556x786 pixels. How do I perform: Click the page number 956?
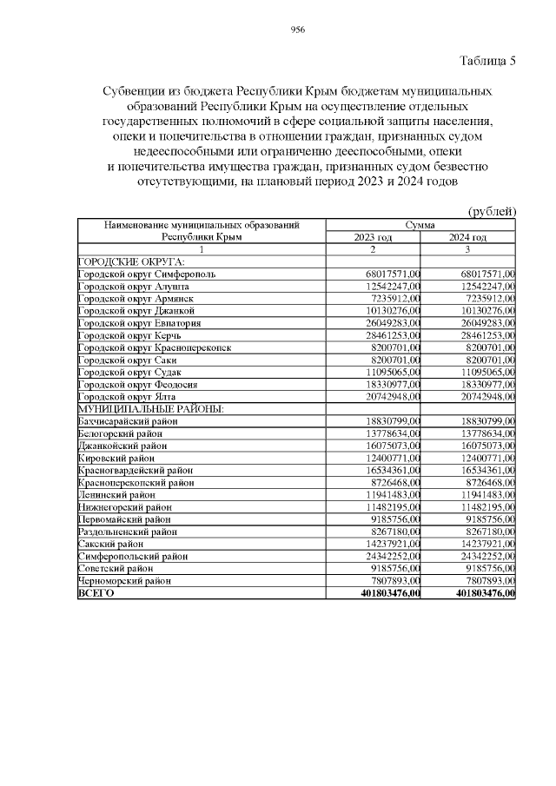296,30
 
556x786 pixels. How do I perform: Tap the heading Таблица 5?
486,61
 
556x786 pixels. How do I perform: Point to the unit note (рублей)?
493,211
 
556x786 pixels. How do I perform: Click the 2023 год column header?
374,237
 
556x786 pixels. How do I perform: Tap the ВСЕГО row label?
96,593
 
